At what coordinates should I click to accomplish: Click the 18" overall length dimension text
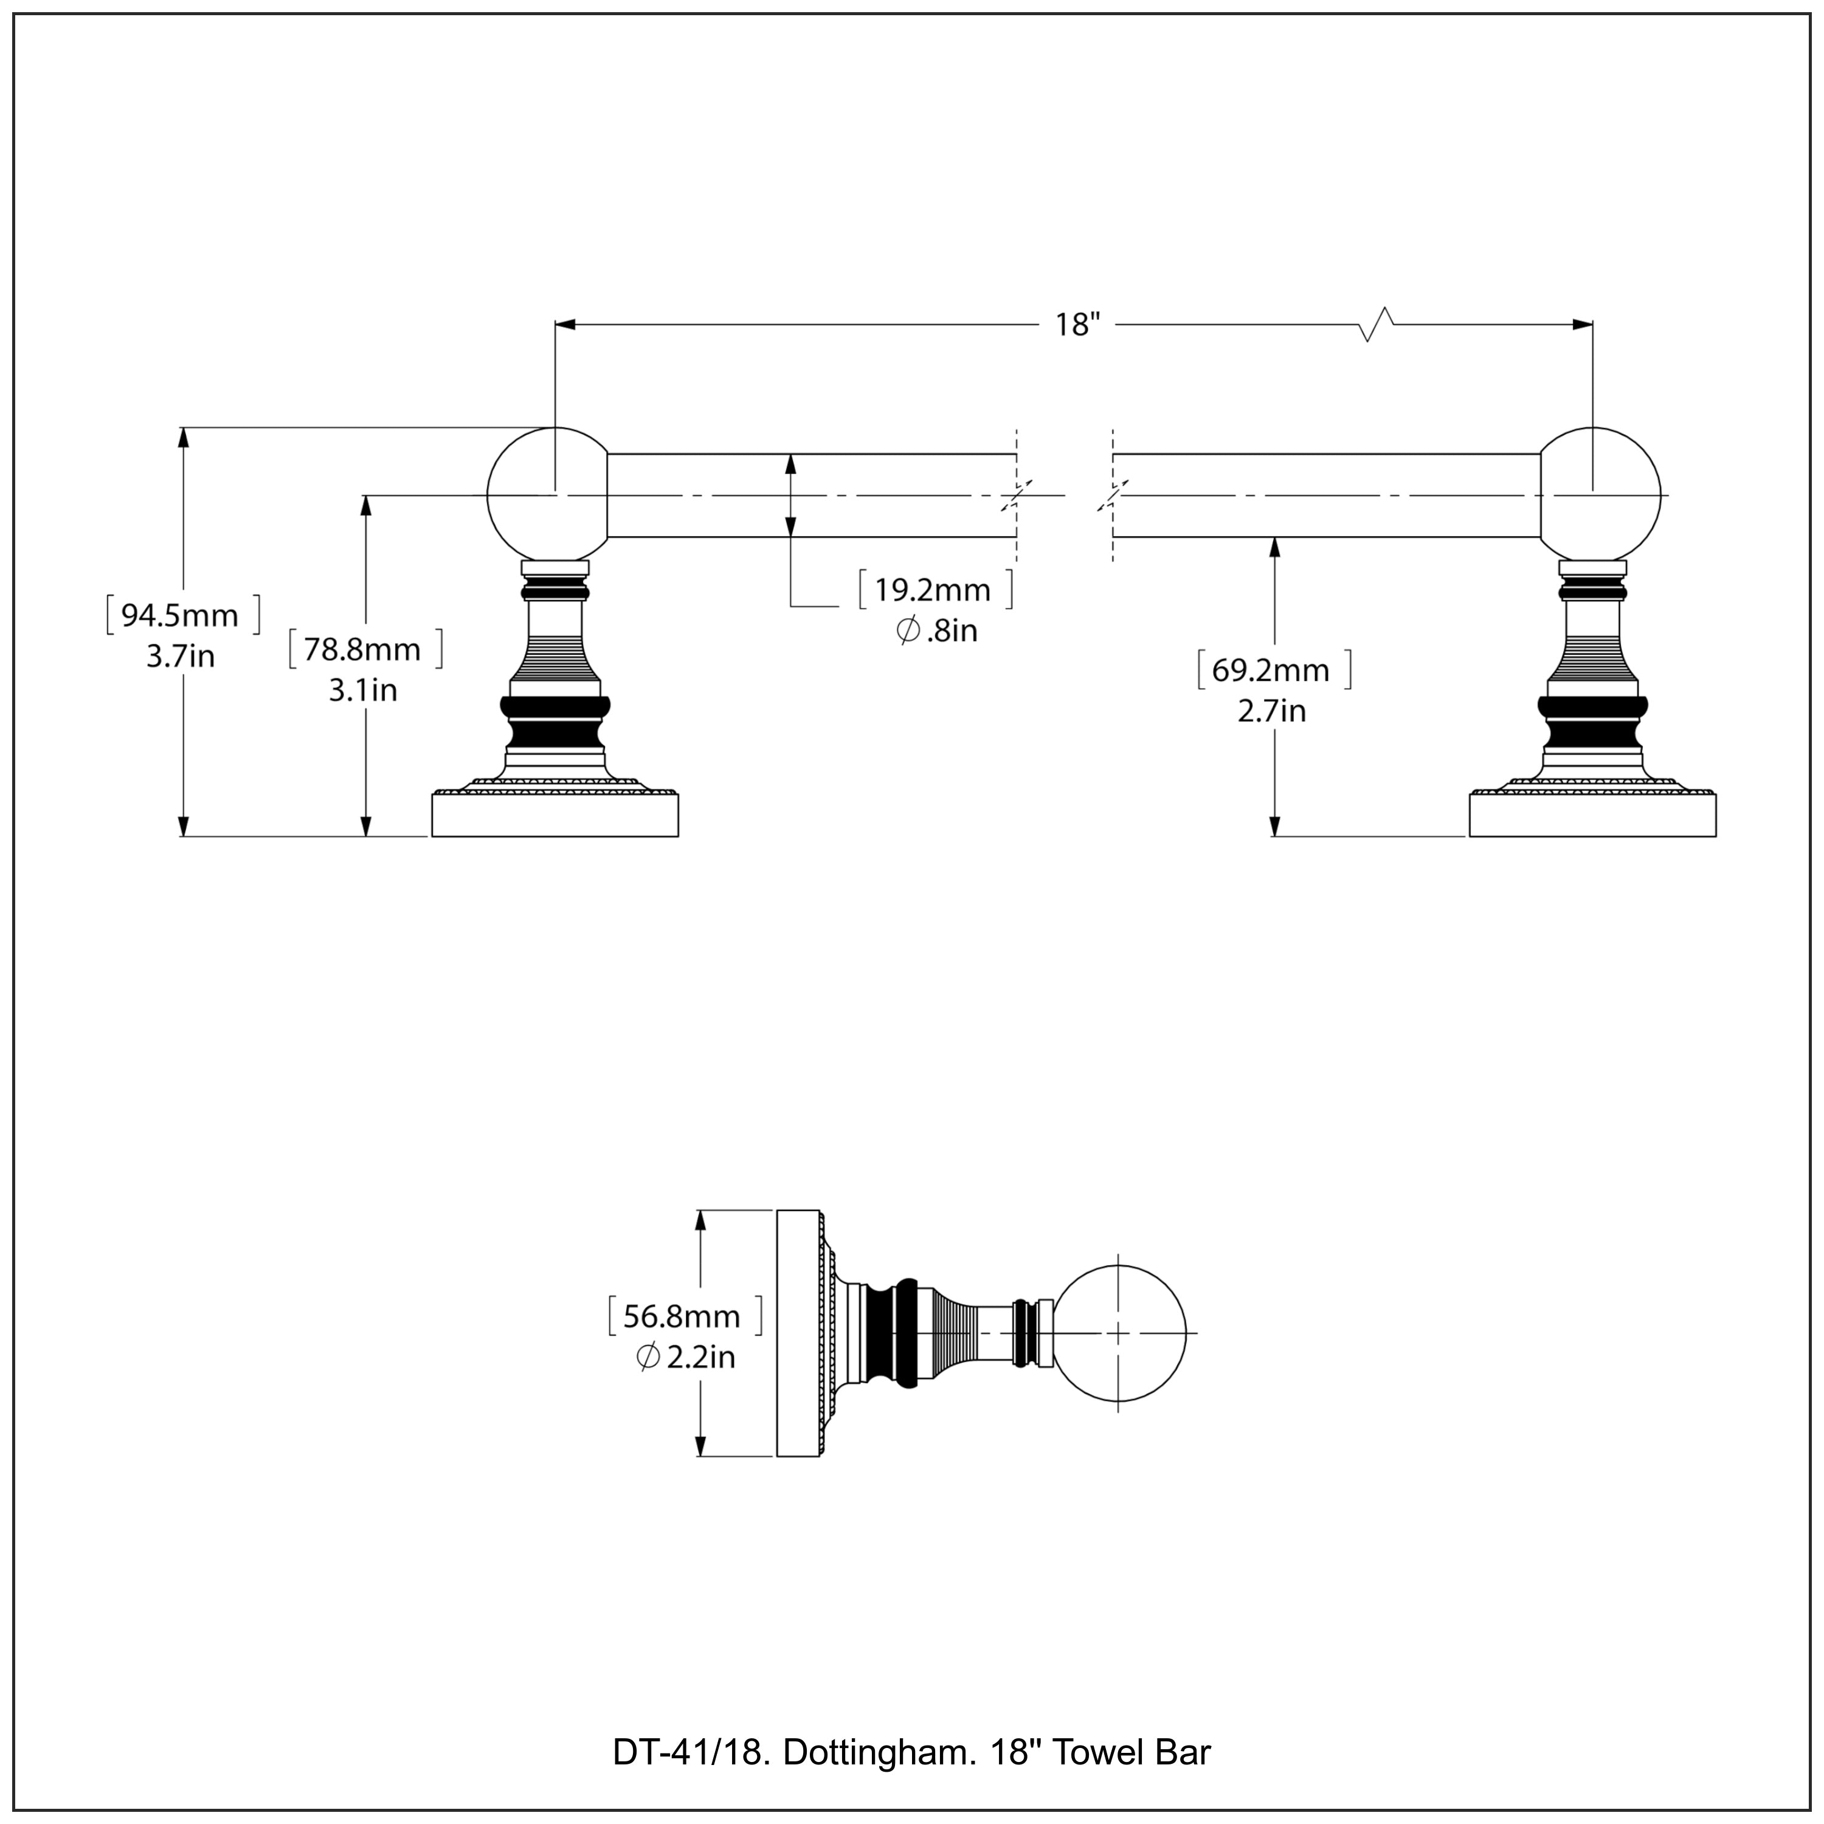pos(1077,325)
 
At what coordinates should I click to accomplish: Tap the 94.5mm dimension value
pos(181,615)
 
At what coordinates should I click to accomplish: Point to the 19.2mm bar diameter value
pos(933,590)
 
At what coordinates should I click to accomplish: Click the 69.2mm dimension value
pos(1271,670)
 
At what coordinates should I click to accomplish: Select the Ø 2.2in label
pos(685,1358)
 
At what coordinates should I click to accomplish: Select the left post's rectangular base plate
pos(555,816)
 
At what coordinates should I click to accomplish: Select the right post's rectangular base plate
pos(1593,816)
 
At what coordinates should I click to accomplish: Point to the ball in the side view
pos(1119,1333)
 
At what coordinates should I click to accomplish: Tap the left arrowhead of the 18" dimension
pos(565,325)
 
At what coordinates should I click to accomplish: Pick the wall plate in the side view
pos(797,1333)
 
